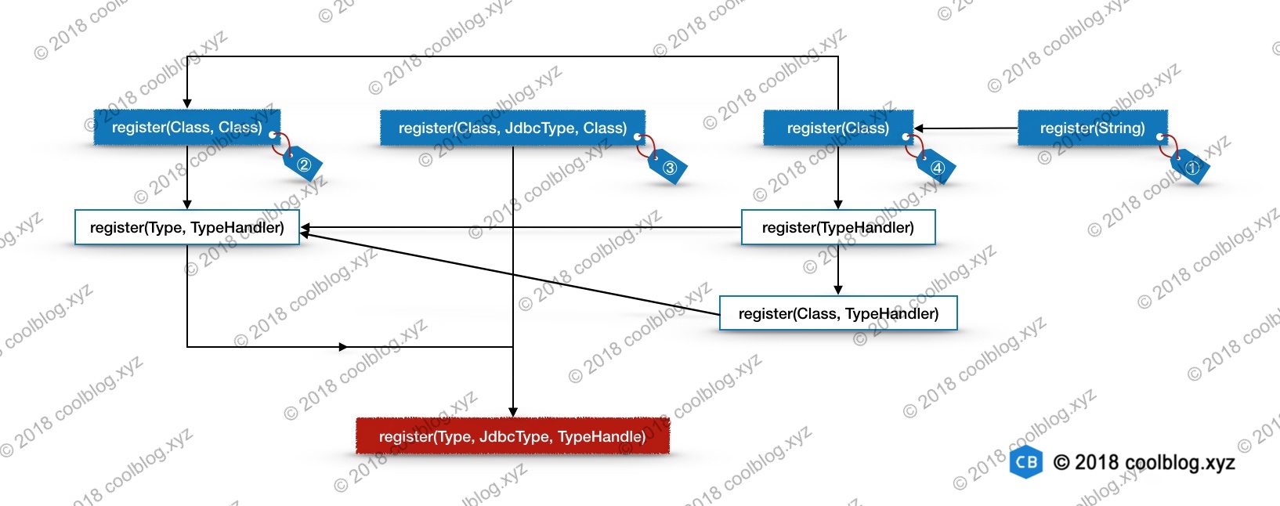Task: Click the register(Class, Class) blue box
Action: coord(187,127)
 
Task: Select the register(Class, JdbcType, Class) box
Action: coord(512,128)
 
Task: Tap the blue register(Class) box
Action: coord(838,128)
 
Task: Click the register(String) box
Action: coord(1093,128)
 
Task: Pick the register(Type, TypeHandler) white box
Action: coord(187,227)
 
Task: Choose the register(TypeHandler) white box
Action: coord(838,227)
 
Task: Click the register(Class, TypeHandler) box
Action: coord(838,313)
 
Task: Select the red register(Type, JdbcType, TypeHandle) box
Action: coord(512,436)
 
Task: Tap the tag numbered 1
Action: coord(1191,167)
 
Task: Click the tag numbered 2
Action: coord(303,164)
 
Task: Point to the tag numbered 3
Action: coord(668,168)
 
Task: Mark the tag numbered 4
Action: coord(937,168)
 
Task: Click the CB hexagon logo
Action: coord(1026,461)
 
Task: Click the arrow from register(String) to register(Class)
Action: coord(966,128)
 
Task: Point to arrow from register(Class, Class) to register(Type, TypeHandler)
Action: coord(187,177)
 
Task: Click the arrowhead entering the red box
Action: coord(512,412)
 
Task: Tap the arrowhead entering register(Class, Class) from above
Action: coord(187,104)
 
